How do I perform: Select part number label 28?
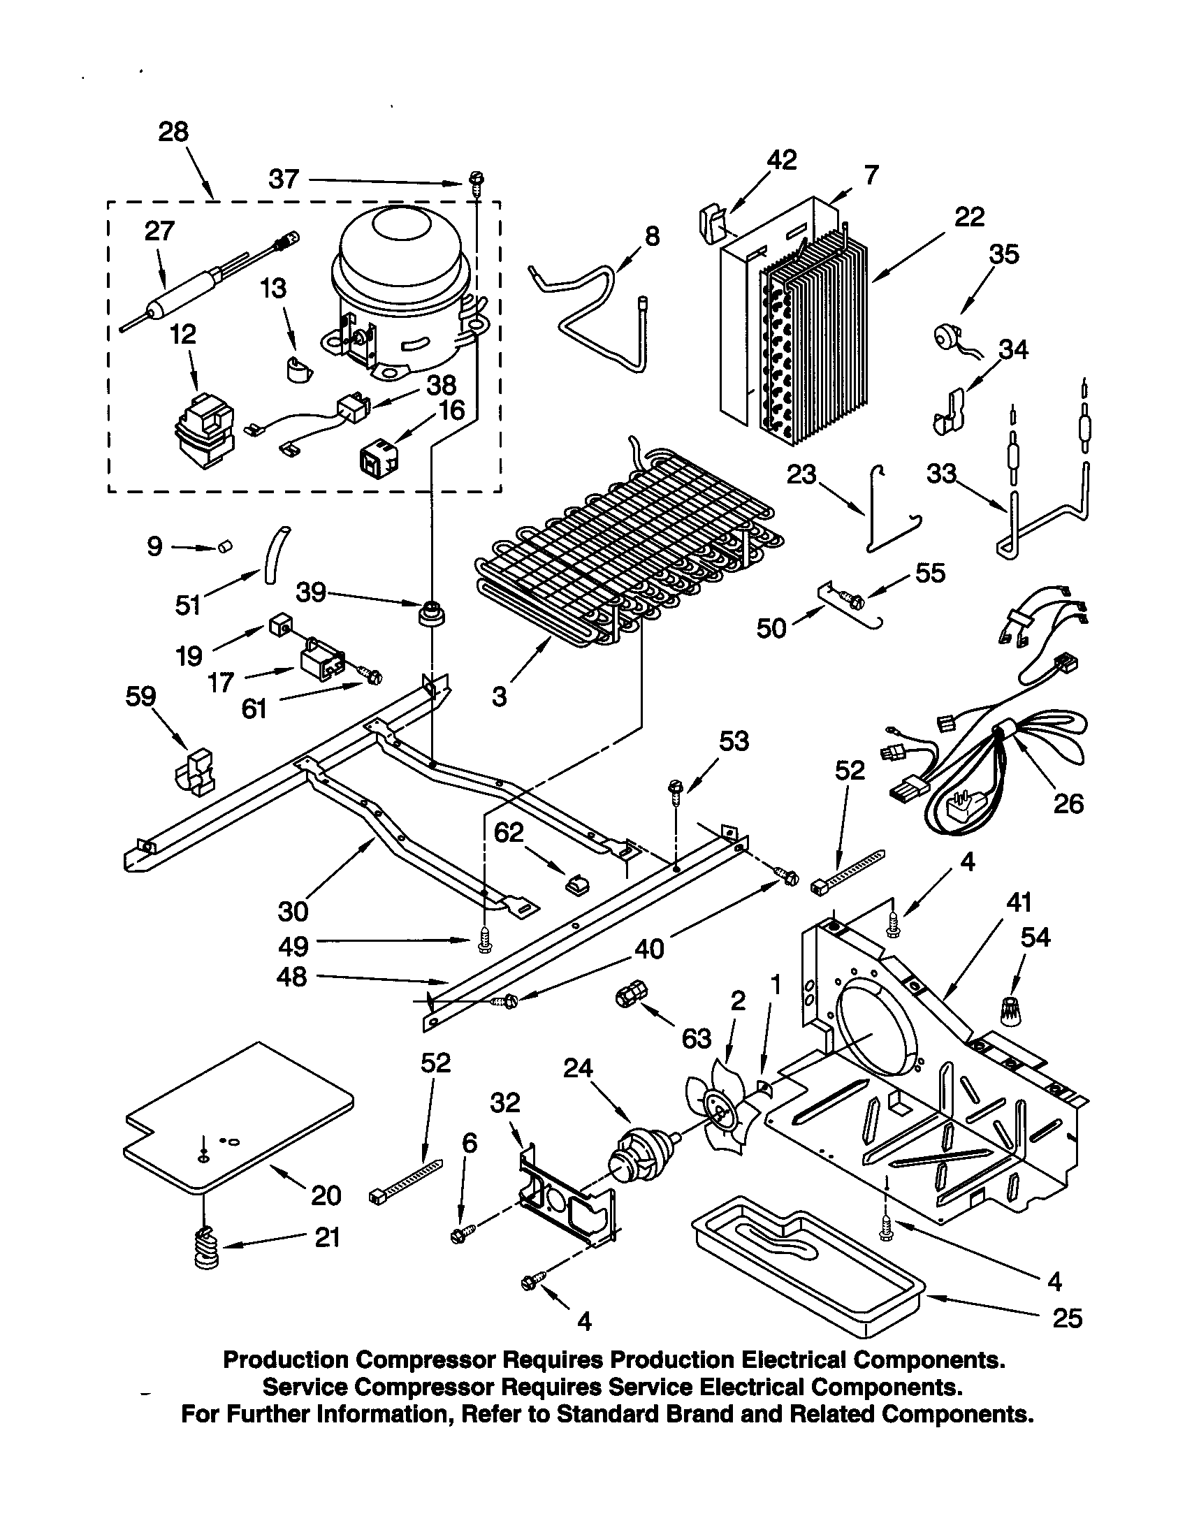click(x=173, y=131)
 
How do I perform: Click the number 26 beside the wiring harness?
click(x=1068, y=803)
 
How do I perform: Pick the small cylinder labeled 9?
click(x=224, y=546)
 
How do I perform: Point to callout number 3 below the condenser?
click(x=499, y=697)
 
